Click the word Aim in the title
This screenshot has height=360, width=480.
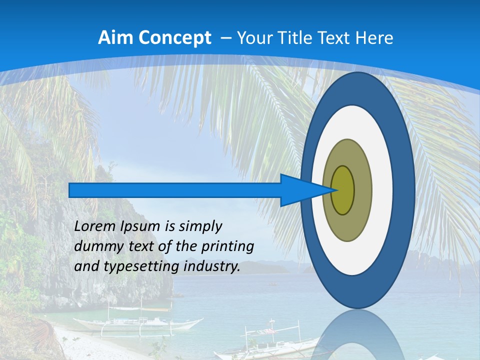pyautogui.click(x=115, y=38)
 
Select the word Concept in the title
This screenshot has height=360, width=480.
pyautogui.click(x=174, y=38)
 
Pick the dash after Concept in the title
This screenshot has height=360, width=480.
pyautogui.click(x=225, y=38)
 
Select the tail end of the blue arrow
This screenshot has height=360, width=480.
pyautogui.click(x=72, y=190)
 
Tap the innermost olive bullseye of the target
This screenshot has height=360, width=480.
pyautogui.click(x=343, y=190)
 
